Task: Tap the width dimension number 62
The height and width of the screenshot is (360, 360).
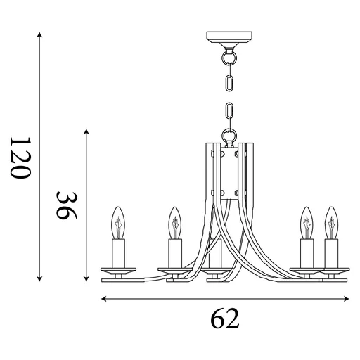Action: click(225, 320)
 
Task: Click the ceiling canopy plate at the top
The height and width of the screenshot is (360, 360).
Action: click(227, 38)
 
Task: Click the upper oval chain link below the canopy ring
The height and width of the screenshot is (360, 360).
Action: click(227, 76)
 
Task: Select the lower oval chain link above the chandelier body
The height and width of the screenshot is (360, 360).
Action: click(227, 115)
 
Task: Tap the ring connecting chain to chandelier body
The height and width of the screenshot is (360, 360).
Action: click(227, 134)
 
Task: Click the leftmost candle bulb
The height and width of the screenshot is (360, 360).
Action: click(118, 222)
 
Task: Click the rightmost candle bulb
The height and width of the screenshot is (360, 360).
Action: click(330, 222)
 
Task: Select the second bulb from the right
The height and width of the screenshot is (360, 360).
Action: click(307, 222)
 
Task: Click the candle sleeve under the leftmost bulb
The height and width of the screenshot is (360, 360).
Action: click(118, 252)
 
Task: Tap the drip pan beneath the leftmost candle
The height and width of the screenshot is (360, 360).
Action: click(118, 269)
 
